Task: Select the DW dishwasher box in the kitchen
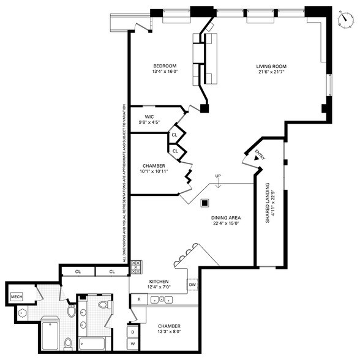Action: click(x=192, y=285)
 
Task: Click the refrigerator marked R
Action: click(x=140, y=299)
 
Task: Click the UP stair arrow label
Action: click(x=217, y=177)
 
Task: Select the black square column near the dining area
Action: click(x=206, y=202)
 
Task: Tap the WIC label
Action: click(x=149, y=116)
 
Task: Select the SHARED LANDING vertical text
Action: click(x=267, y=202)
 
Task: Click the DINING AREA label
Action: click(x=225, y=217)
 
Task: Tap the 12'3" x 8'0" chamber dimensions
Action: click(x=169, y=332)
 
